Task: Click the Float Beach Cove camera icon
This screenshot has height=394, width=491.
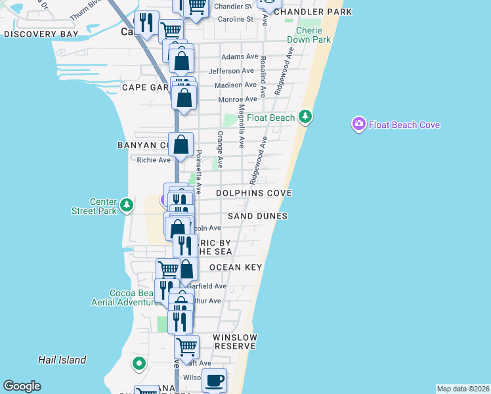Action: click(x=358, y=124)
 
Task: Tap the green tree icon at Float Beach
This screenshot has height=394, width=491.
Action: click(x=305, y=118)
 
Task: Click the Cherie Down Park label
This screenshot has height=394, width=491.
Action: click(x=313, y=35)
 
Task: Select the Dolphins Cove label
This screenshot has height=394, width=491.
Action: click(x=255, y=193)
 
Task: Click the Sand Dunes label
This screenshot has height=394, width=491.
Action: click(x=258, y=216)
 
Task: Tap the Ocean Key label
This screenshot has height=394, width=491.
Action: click(x=236, y=267)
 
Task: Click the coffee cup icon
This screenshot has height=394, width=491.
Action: click(x=213, y=380)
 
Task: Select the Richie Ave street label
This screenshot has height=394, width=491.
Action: click(x=154, y=160)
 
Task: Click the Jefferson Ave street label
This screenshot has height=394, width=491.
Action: click(x=231, y=71)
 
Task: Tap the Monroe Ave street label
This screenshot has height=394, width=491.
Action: click(x=237, y=99)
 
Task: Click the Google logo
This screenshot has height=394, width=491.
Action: click(x=22, y=386)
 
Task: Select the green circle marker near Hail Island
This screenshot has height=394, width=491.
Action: click(x=139, y=362)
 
